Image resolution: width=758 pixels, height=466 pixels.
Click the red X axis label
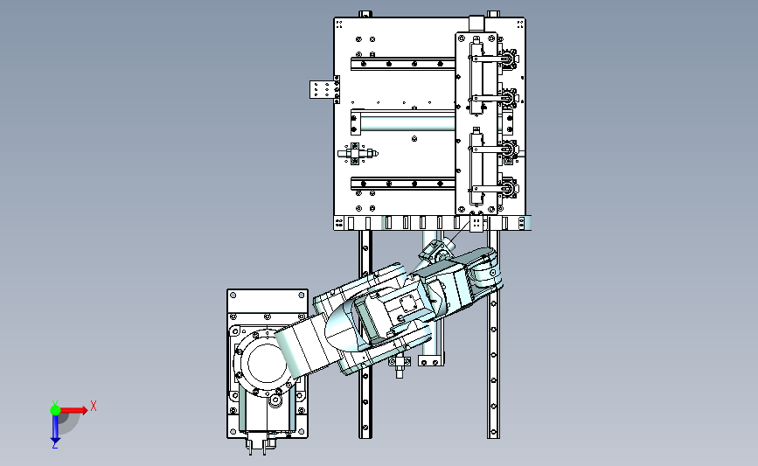[94, 406]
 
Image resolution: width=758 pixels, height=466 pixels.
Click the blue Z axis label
[54, 445]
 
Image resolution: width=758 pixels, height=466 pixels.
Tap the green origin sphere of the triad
[55, 410]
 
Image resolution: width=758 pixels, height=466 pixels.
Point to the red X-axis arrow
[73, 410]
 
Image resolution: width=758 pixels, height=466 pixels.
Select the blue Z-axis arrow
[55, 428]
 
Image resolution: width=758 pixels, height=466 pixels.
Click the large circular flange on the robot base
[262, 364]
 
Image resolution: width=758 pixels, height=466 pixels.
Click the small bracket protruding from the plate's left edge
[324, 89]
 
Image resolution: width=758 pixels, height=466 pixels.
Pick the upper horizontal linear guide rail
[403, 63]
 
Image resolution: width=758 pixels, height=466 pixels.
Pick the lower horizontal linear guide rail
[403, 184]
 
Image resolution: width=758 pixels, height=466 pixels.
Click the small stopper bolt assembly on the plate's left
[358, 154]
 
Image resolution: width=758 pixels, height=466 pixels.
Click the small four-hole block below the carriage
[476, 223]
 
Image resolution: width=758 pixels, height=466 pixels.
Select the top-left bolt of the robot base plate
[233, 295]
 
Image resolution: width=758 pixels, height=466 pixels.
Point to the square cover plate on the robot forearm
[408, 304]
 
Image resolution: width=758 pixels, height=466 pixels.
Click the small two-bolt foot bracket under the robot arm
[430, 361]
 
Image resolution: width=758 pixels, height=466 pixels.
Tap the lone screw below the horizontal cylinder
[414, 139]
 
